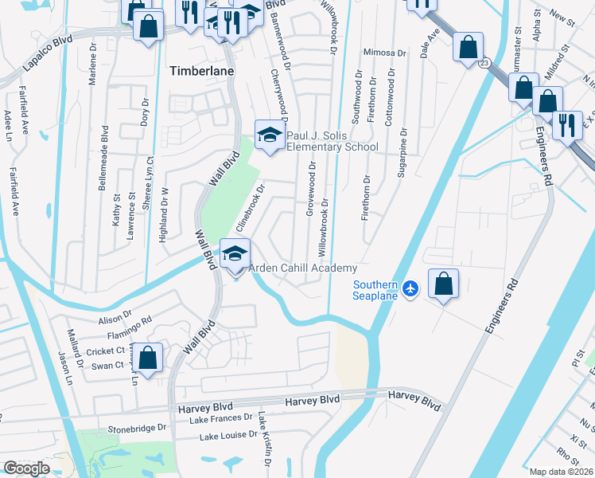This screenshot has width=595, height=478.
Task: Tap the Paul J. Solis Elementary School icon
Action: click(270, 135)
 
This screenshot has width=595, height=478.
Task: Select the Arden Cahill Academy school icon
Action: click(235, 255)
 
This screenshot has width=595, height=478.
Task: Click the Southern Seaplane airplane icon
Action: click(410, 288)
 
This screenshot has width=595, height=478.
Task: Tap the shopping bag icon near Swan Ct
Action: click(147, 358)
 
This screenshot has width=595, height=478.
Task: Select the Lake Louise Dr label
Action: click(228, 436)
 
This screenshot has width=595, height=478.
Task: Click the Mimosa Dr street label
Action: click(384, 53)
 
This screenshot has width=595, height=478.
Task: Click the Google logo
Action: click(26, 468)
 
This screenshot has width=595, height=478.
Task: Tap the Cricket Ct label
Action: click(106, 351)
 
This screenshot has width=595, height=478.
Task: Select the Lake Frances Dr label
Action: click(225, 417)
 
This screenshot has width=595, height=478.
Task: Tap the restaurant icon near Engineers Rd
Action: click(566, 126)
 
